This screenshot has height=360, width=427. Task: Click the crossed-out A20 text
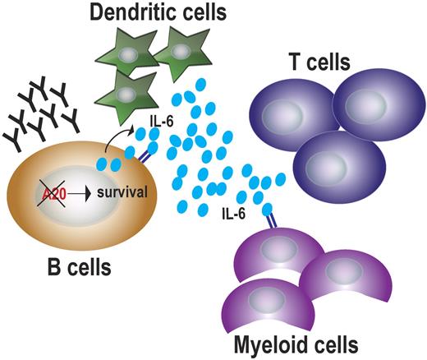(x=52, y=196)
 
